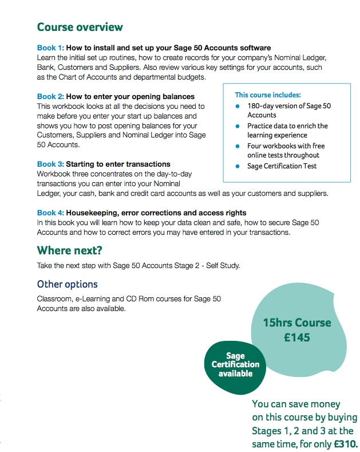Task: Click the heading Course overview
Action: [80, 27]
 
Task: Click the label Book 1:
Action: [50, 48]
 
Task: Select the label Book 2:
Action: [50, 97]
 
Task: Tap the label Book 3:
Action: [50, 164]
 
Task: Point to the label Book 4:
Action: [50, 213]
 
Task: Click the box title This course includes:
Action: [267, 95]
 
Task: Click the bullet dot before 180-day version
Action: [238, 106]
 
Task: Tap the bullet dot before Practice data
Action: [238, 125]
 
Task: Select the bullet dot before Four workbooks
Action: [238, 146]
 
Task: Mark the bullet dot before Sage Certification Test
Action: [238, 166]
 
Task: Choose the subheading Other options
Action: [67, 284]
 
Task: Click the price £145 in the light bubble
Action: [296, 337]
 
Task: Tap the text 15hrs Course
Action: [296, 323]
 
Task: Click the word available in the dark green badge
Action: [235, 374]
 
